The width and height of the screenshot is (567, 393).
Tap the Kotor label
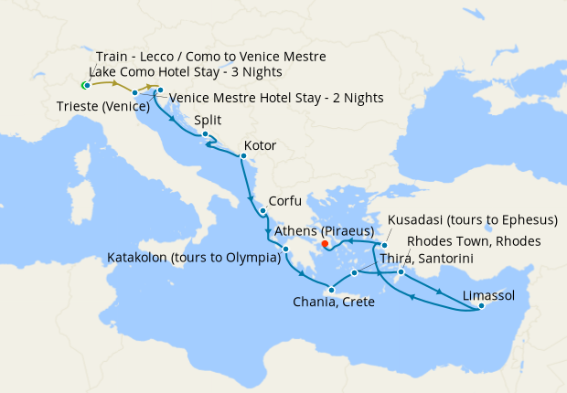pos(260,145)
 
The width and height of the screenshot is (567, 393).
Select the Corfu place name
pos(283,202)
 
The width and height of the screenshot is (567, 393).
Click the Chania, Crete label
pos(333,302)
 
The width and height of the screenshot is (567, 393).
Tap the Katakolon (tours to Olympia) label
pos(194,258)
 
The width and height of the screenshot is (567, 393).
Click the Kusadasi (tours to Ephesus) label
pos(473,220)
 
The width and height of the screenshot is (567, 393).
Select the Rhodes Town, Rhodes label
pos(474,241)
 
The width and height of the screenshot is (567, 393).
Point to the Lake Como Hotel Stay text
pos(186,72)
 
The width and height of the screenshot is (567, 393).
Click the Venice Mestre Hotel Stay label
pos(275,99)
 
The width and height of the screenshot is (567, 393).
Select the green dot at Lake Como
pos(84,86)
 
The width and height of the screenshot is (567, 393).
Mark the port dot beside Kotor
pos(242,156)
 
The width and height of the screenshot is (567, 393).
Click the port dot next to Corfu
pos(263,212)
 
